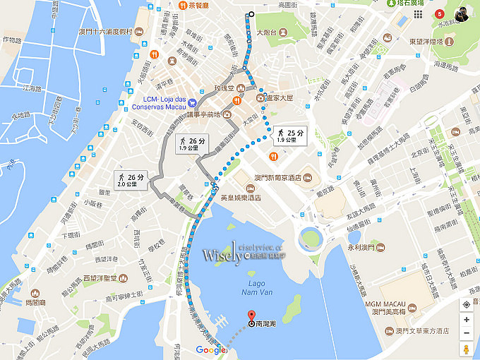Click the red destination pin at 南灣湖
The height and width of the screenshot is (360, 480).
pos(250,316)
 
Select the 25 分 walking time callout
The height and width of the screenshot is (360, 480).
pos(290,136)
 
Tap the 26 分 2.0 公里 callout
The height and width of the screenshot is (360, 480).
pos(131,180)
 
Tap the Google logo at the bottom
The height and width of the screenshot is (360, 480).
pos(211,350)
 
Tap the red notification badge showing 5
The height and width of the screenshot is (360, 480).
pos(441,13)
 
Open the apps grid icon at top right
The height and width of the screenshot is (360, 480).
pos(419,14)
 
